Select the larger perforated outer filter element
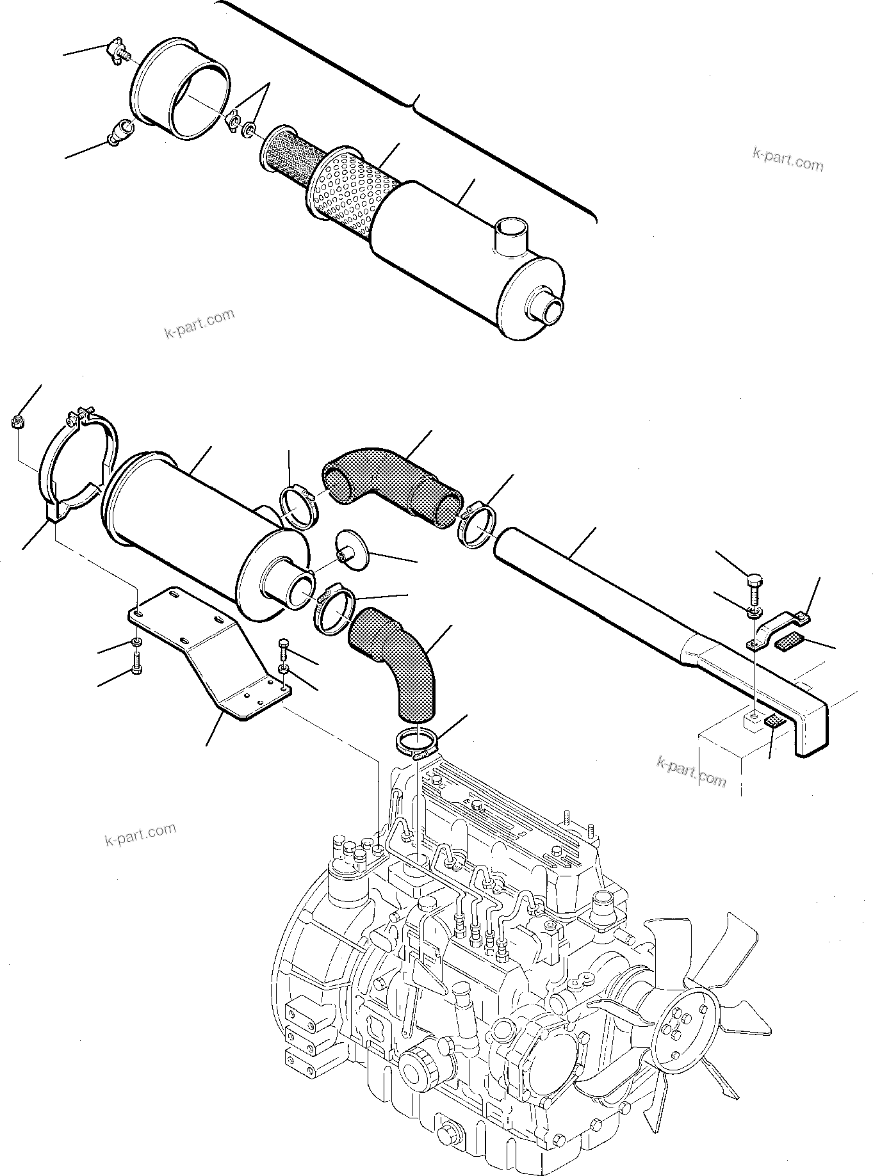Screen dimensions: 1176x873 349,192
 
